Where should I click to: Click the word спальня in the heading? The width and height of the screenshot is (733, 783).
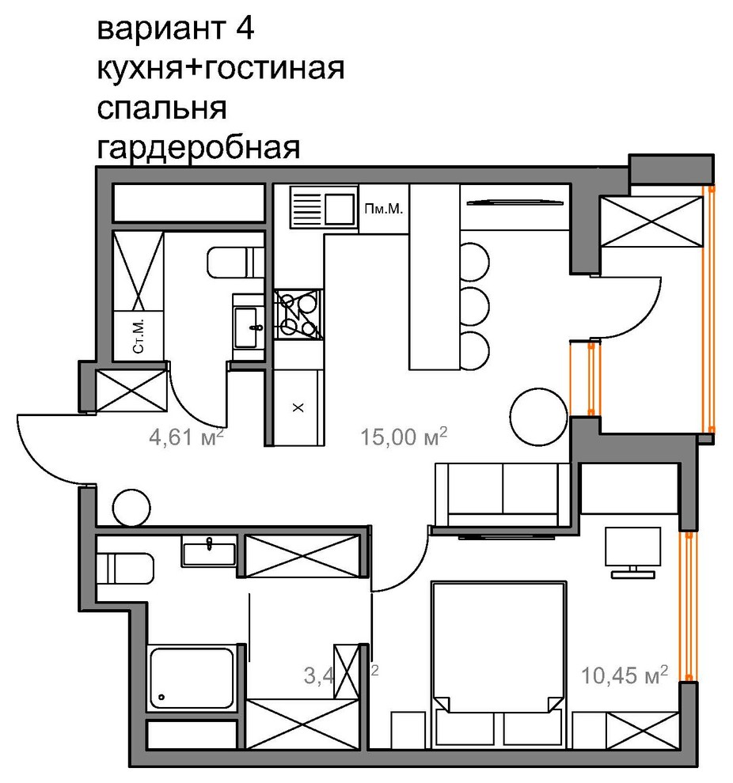pos(161,108)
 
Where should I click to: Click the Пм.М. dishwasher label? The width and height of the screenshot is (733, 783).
pos(384,210)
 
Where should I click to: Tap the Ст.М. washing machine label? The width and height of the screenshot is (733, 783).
pos(139,337)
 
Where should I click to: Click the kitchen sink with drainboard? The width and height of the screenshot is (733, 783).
pos(323,207)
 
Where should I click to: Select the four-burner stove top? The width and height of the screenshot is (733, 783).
pos(298,313)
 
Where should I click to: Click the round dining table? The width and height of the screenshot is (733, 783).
pos(539,417)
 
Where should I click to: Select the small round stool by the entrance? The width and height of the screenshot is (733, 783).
pos(131,505)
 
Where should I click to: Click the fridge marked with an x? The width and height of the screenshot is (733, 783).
pos(298,408)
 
